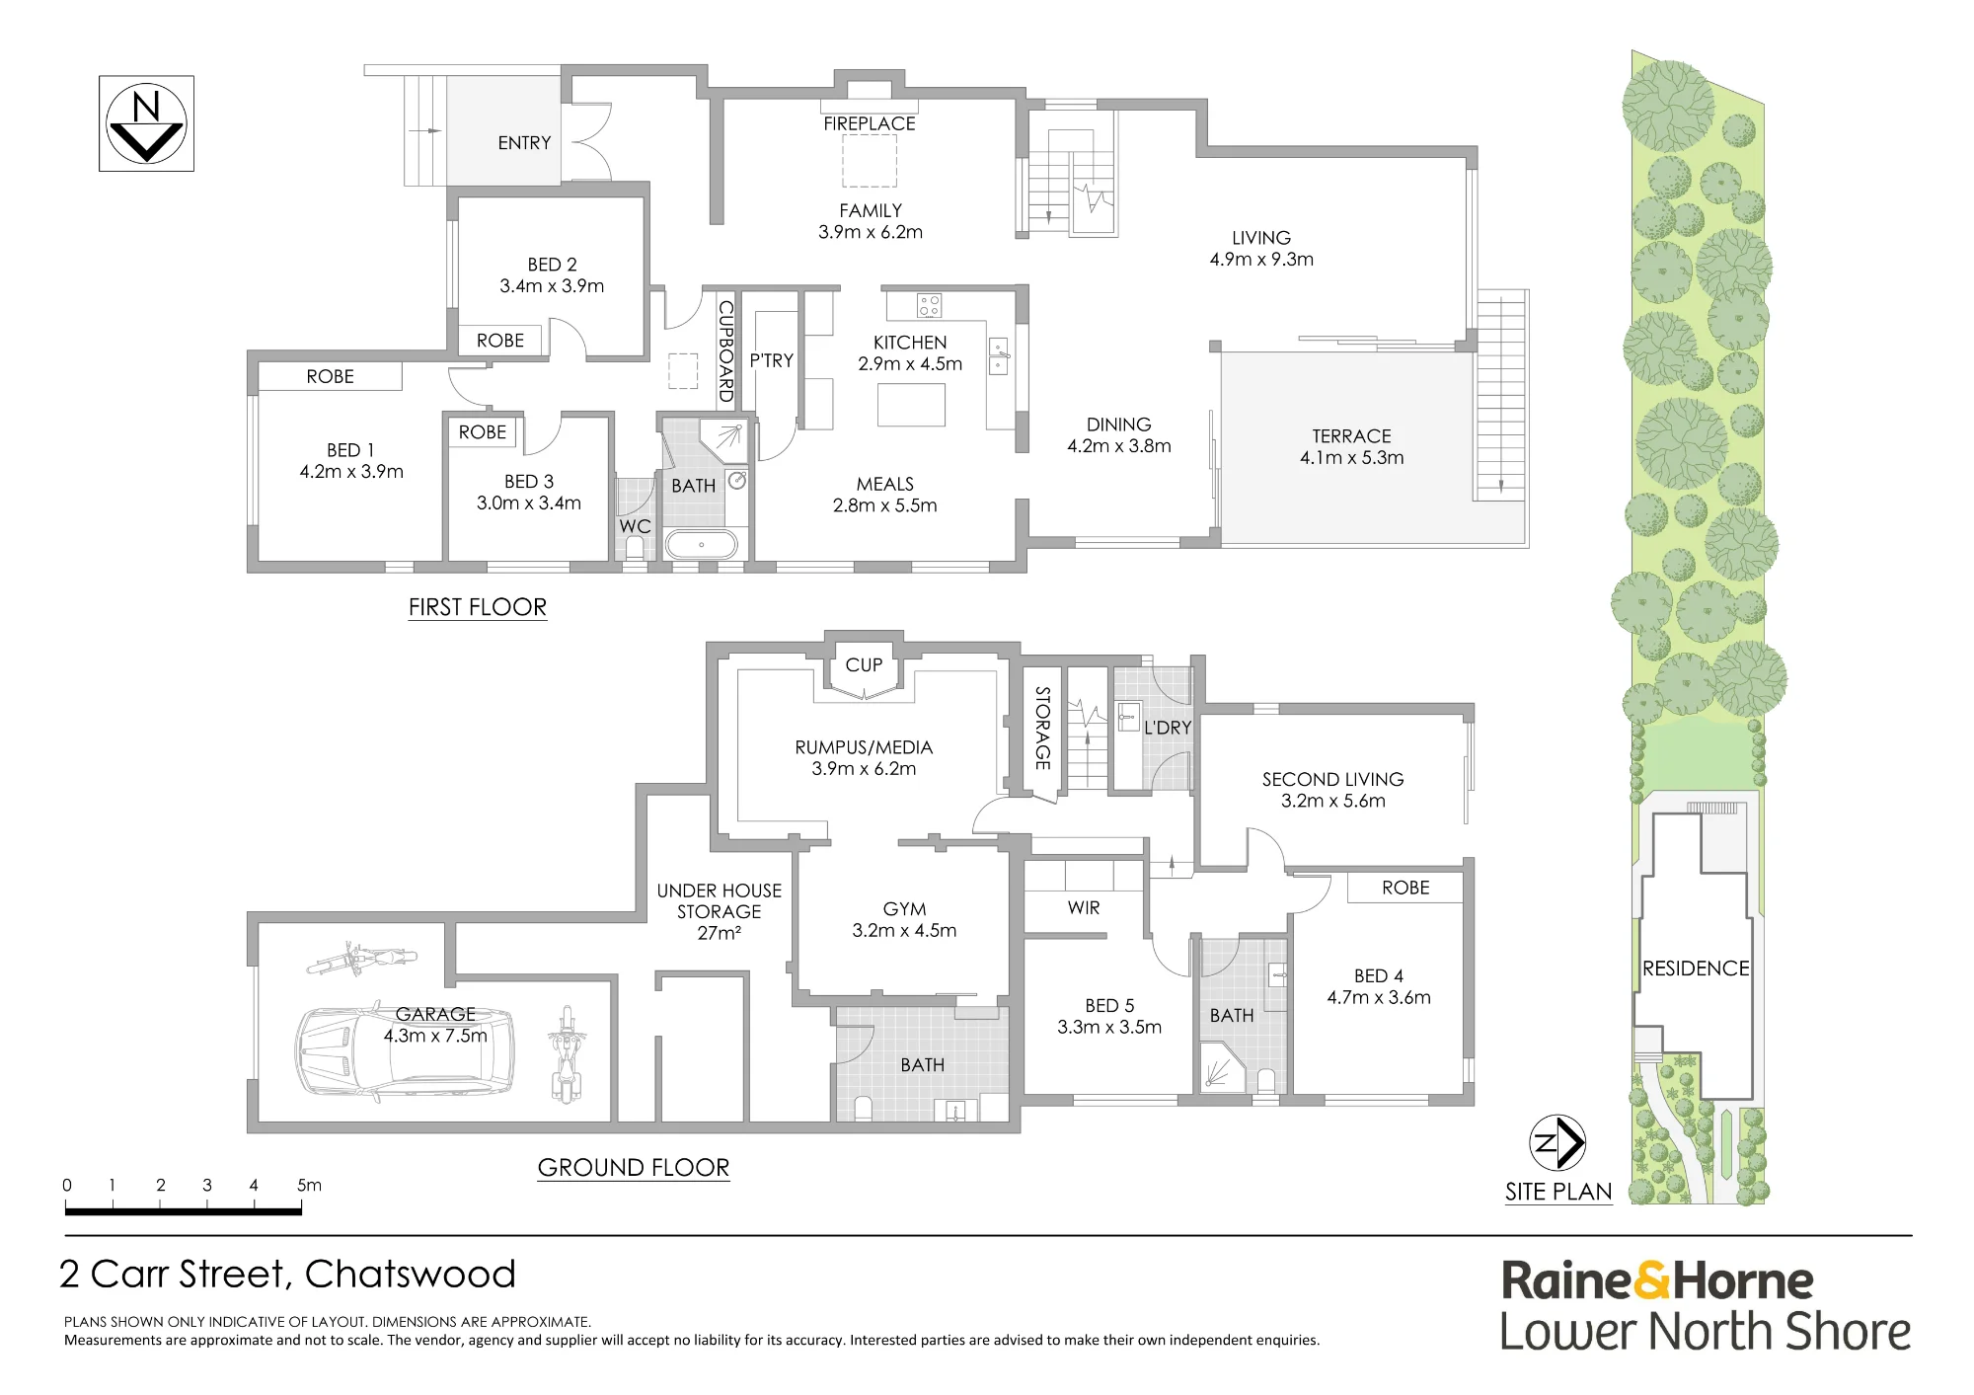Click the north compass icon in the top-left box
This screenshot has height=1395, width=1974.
tap(146, 123)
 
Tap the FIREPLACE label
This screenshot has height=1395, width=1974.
tap(870, 123)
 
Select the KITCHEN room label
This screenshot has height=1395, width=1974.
tap(910, 343)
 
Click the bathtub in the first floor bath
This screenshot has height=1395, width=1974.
tap(702, 544)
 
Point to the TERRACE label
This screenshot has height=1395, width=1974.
tap(1351, 436)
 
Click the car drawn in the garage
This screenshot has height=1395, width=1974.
tap(405, 1054)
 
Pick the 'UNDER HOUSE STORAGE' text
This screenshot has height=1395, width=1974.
tap(720, 900)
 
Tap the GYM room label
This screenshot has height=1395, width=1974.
tap(904, 909)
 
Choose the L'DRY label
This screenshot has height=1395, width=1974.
tap(1168, 728)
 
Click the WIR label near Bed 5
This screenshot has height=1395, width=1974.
tap(1084, 907)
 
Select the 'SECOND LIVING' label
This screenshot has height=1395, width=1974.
tap(1332, 779)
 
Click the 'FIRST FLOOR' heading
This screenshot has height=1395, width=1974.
tap(478, 607)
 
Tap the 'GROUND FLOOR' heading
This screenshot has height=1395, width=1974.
tap(634, 1167)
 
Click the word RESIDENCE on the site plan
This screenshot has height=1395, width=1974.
tap(1696, 969)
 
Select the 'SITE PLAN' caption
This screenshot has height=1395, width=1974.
tap(1558, 1192)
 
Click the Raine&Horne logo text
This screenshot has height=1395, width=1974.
tap(1657, 1280)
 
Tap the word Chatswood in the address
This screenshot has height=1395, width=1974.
tap(411, 1274)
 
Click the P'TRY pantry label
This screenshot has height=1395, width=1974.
tap(771, 360)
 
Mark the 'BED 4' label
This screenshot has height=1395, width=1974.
tap(1379, 975)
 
